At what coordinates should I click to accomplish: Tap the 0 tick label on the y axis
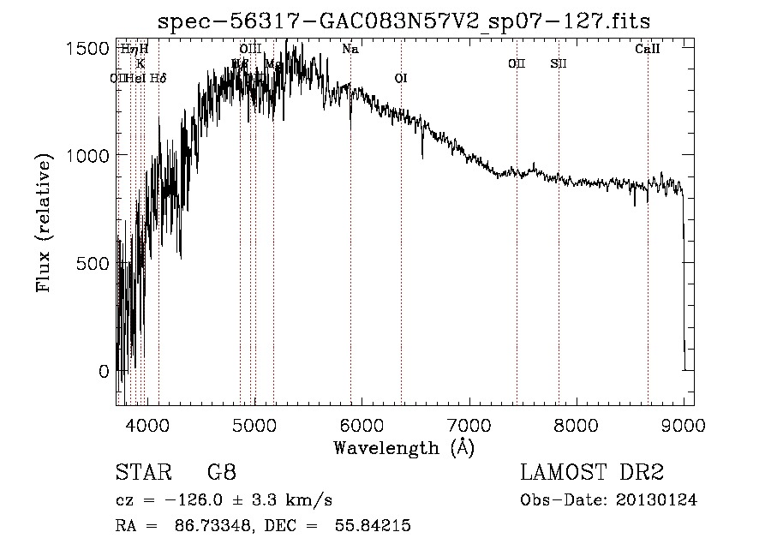[105, 372]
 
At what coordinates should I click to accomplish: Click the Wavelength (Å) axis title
[403, 446]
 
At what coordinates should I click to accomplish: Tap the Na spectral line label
[350, 49]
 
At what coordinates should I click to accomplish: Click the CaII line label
[648, 49]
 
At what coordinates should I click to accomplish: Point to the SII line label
[559, 63]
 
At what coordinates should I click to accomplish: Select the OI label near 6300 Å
[400, 79]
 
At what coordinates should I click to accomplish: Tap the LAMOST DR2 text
[592, 473]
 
